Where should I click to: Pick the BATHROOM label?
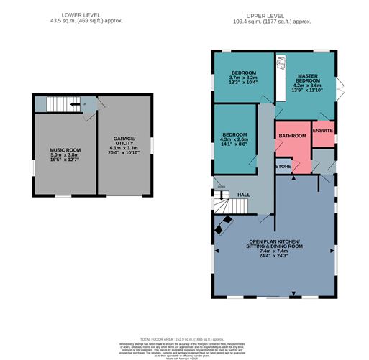[293, 135]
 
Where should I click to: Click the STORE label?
[283, 167]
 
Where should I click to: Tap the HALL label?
[243, 195]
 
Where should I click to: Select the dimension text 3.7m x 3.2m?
[242, 77]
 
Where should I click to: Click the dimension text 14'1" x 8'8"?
[235, 144]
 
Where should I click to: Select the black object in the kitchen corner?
[221, 228]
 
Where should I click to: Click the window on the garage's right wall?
[152, 144]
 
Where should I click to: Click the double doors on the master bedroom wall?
[340, 89]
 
